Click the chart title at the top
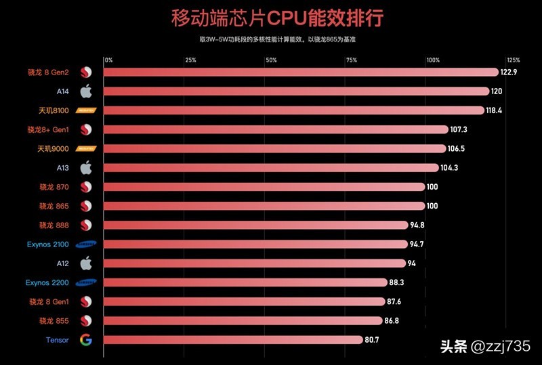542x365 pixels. click(x=271, y=18)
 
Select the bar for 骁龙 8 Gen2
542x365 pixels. click(x=301, y=72)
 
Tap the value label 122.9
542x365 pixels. click(x=509, y=72)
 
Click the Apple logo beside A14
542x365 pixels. click(x=86, y=91)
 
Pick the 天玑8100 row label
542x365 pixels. click(x=54, y=110)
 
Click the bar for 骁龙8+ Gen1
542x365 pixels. click(x=276, y=129)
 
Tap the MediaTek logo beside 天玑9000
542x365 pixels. click(x=86, y=148)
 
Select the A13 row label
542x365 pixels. click(x=63, y=167)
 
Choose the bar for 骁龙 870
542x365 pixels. click(x=264, y=186)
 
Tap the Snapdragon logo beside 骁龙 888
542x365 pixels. click(x=86, y=225)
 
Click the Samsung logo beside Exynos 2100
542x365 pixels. click(x=86, y=244)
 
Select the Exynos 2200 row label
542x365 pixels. click(x=47, y=282)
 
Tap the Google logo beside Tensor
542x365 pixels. click(x=86, y=339)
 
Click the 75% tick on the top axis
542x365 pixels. click(x=351, y=60)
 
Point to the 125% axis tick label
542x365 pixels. click(x=513, y=60)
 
